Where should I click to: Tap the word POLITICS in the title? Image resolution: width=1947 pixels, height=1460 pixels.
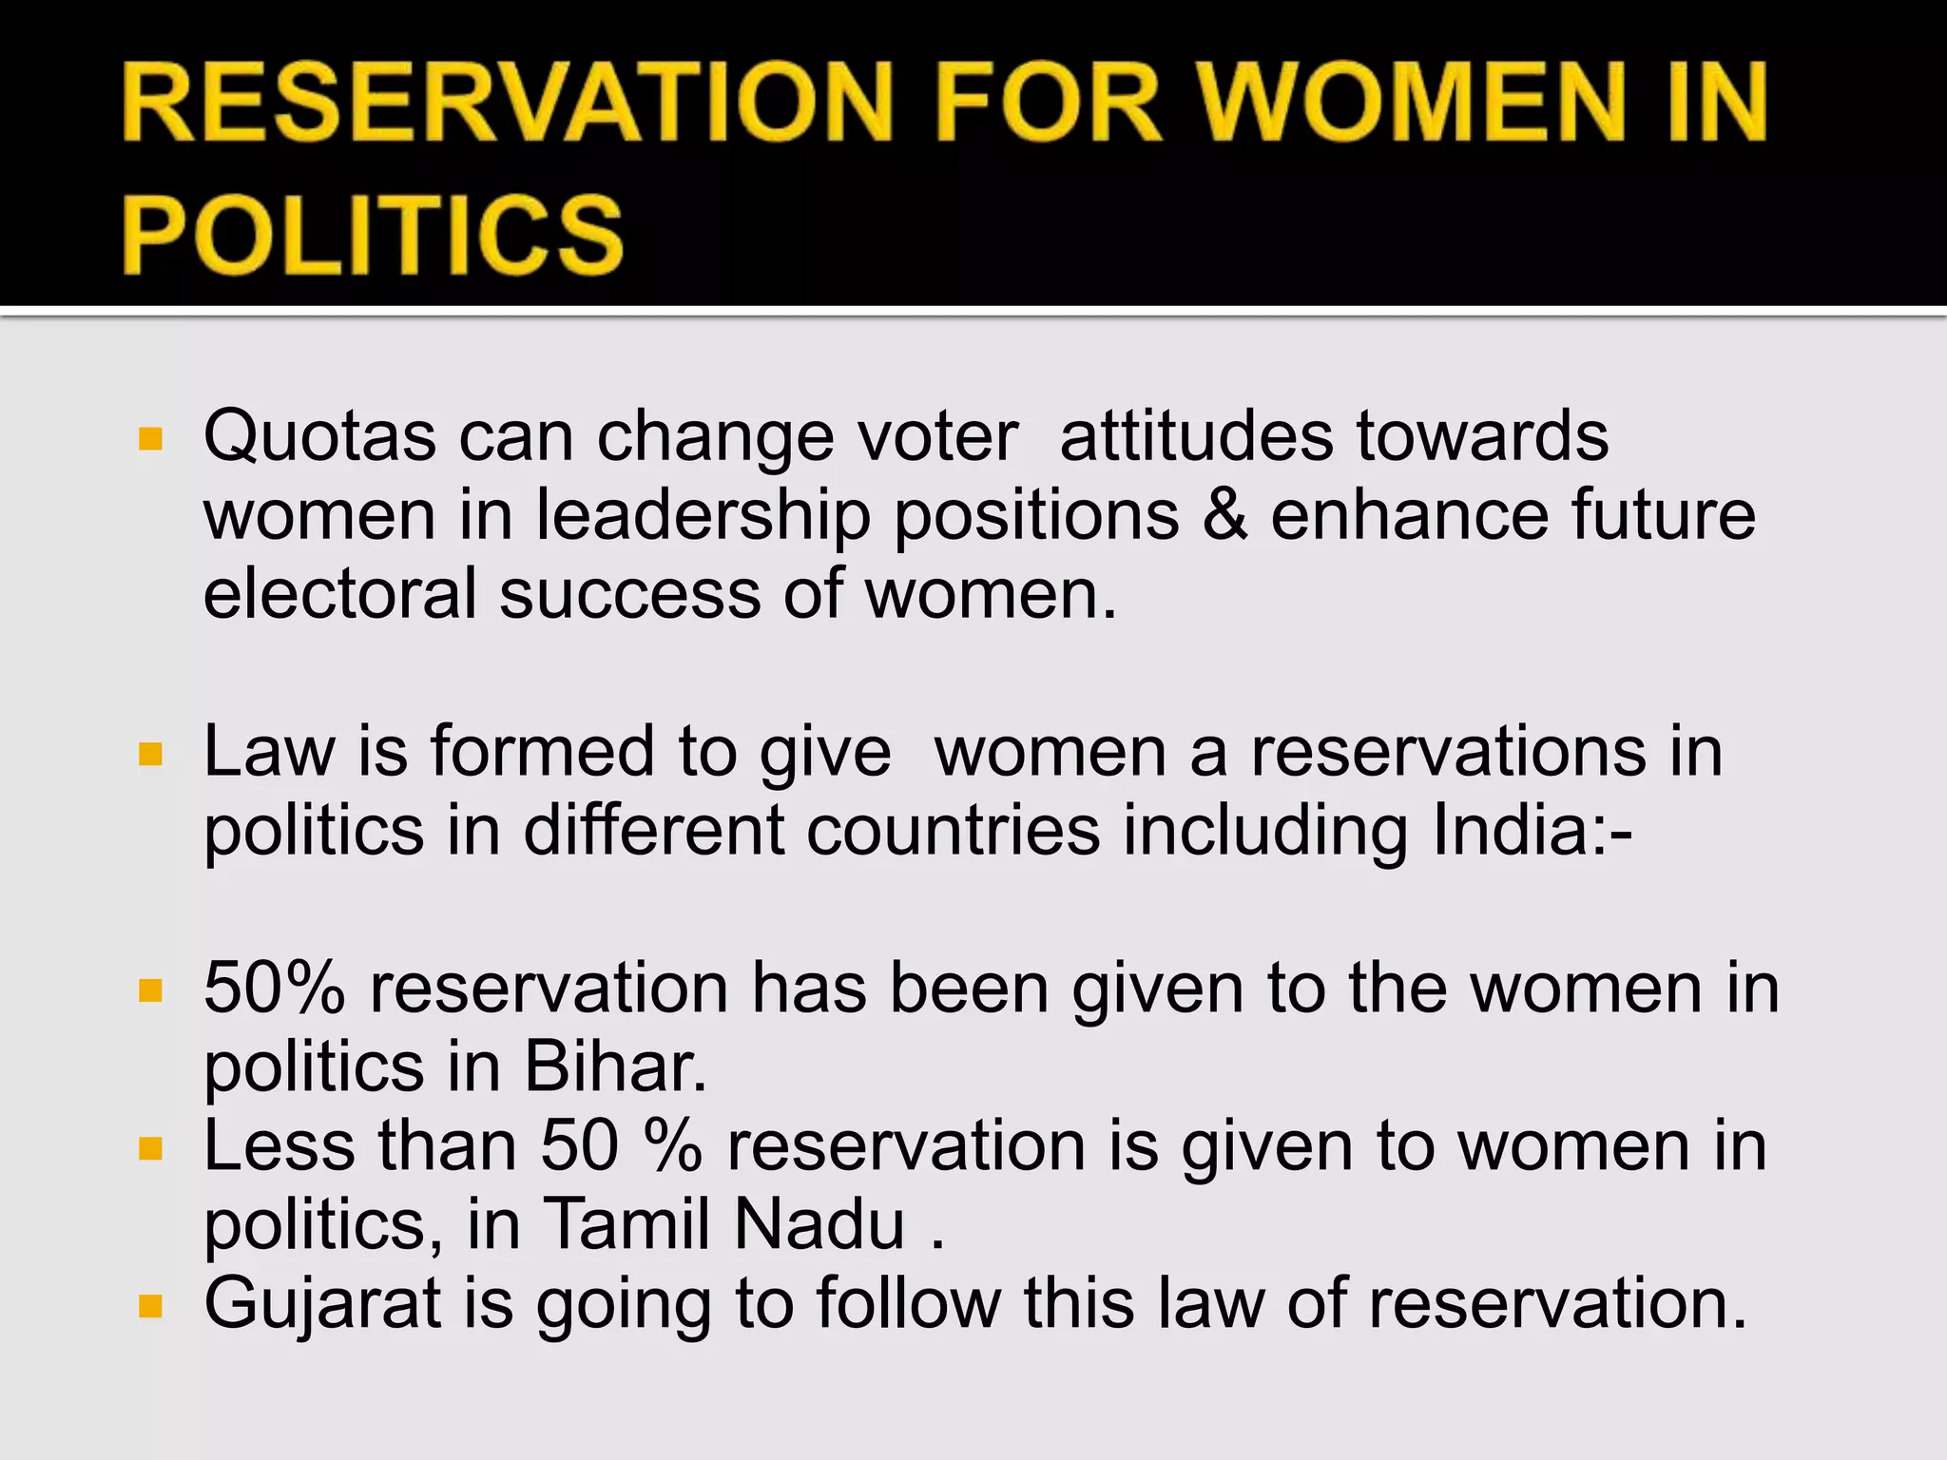[373, 234]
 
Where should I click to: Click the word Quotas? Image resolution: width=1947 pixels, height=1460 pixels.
[319, 437]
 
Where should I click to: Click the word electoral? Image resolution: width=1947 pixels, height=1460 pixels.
[339, 594]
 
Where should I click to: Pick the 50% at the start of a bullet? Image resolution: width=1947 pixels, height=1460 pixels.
[275, 989]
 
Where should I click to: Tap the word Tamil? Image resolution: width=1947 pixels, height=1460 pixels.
[627, 1225]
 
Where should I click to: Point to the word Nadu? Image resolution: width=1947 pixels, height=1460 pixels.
[819, 1225]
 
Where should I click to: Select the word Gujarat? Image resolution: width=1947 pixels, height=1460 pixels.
[322, 1305]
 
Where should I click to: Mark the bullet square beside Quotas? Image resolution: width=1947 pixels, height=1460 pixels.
[150, 439]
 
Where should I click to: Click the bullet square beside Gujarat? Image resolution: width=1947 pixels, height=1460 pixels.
[150, 1306]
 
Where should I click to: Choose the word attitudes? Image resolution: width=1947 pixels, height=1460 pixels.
[1196, 437]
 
